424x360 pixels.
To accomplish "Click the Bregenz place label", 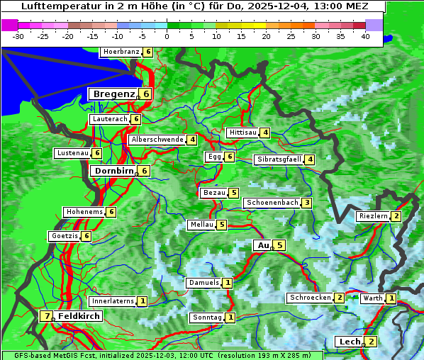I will tap(113, 94).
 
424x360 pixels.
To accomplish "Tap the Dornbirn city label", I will tap(113, 171).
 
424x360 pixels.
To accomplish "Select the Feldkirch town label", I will tap(79, 316).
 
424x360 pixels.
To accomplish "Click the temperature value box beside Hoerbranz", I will tap(147, 52).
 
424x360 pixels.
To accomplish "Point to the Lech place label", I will tap(350, 342).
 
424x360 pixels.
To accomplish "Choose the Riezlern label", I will tap(373, 216).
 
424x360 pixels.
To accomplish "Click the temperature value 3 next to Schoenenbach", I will tap(306, 203).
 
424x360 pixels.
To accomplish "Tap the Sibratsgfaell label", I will tap(279, 159).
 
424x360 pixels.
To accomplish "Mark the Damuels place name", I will tap(203, 283).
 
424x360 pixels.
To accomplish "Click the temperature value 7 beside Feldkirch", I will tap(47, 316).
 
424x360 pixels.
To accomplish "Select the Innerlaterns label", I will tap(113, 301).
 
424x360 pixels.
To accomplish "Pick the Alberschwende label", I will tap(157, 140).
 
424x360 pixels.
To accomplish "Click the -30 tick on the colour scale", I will tap(18, 35).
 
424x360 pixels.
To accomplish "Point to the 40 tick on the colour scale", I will tap(365, 35).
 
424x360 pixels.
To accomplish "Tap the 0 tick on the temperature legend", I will tap(167, 35).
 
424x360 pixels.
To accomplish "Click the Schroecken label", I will tap(310, 298).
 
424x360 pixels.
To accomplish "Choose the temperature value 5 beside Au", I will tap(279, 245).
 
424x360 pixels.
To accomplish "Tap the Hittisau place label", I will tap(242, 133).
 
